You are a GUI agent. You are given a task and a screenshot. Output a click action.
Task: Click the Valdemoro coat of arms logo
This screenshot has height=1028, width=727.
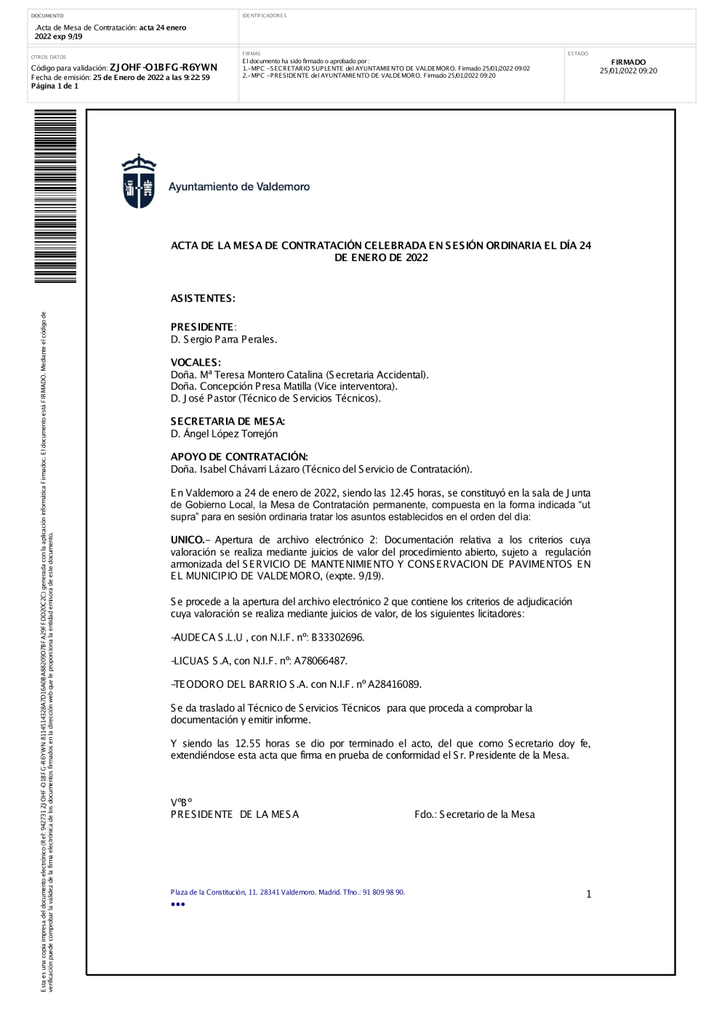coord(138,182)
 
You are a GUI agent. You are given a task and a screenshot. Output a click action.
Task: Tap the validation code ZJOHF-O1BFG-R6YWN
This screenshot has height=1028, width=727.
coord(163,68)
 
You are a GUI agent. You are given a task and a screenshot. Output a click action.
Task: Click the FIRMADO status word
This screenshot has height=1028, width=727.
coord(628,63)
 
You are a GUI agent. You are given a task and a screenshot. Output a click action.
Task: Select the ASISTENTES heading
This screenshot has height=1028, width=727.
coord(203,299)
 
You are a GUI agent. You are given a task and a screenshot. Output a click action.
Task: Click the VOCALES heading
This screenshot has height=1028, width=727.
coord(196,363)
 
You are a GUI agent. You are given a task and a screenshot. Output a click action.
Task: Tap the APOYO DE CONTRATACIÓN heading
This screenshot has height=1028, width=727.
coord(239,457)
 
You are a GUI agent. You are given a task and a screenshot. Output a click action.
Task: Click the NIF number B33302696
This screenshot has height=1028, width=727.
coord(337,638)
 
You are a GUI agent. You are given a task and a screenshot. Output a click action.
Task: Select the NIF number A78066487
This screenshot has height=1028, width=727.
coord(321,661)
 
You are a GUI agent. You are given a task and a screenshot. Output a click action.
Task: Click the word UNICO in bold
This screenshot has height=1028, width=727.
coord(188,540)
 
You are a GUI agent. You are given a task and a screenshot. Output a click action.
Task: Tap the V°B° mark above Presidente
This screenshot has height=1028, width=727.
coord(181,803)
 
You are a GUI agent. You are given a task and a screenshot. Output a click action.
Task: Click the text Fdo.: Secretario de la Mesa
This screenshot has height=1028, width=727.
coord(474,815)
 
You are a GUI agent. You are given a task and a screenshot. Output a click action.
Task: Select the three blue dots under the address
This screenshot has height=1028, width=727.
coord(178,904)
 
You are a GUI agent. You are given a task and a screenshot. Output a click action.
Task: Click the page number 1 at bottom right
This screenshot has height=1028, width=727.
coord(589,894)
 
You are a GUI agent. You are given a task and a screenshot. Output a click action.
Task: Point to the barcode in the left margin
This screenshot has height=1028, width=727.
coord(55,196)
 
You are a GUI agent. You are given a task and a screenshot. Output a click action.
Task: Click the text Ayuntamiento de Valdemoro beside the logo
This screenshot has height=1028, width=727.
coord(239,187)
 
